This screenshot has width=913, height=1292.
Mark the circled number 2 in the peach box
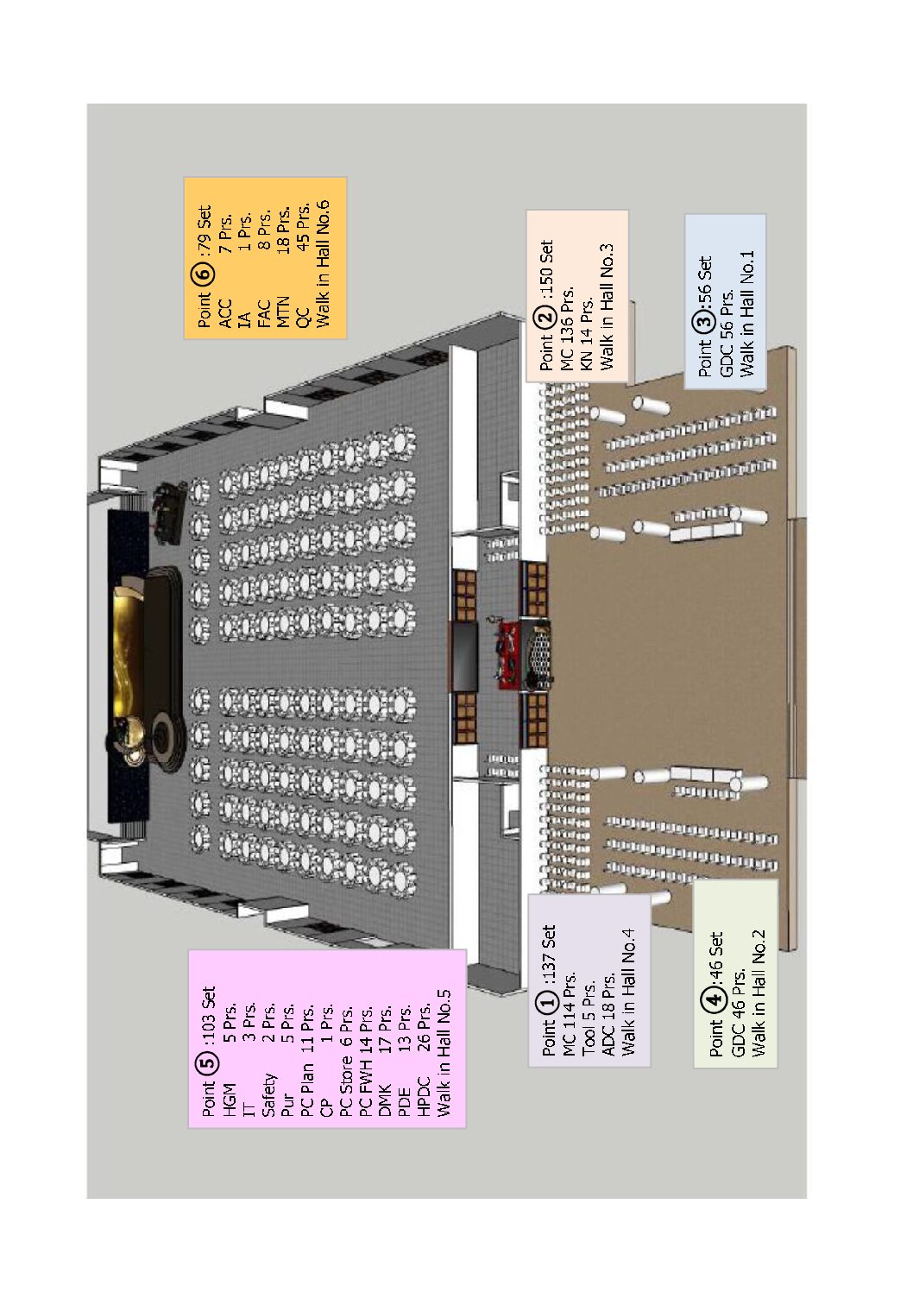[547, 317]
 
